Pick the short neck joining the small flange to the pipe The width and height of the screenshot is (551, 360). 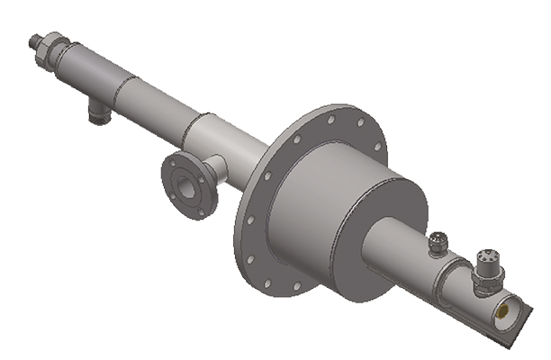[x=214, y=166]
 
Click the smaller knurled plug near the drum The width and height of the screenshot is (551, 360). [x=439, y=243]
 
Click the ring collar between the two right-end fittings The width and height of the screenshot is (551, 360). [x=459, y=270]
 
